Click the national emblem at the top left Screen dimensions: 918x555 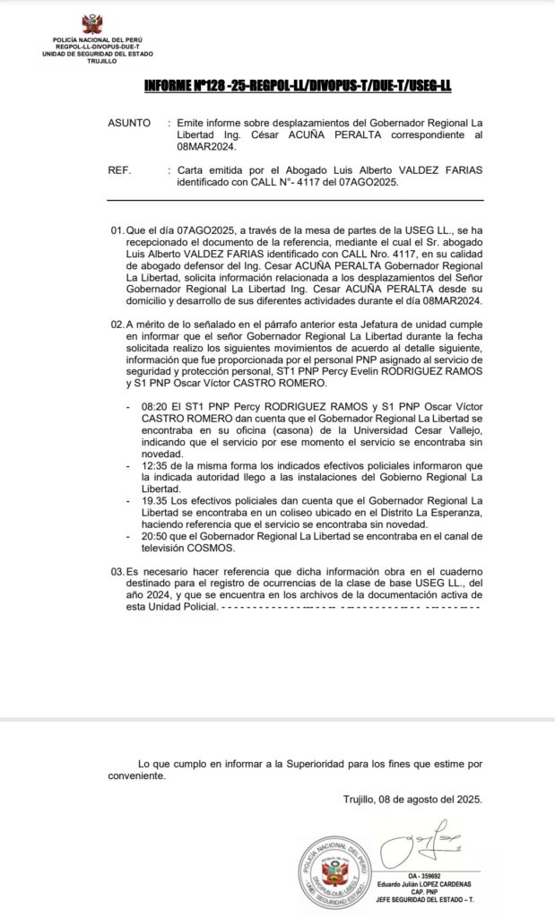coord(91,24)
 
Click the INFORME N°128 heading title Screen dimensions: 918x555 coord(298,84)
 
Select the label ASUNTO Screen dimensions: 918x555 coord(129,122)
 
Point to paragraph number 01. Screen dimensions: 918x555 coord(117,231)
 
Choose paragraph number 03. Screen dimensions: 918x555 coord(117,571)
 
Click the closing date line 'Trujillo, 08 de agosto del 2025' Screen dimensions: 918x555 coord(413,800)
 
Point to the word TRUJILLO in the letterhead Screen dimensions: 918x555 coord(91,61)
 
